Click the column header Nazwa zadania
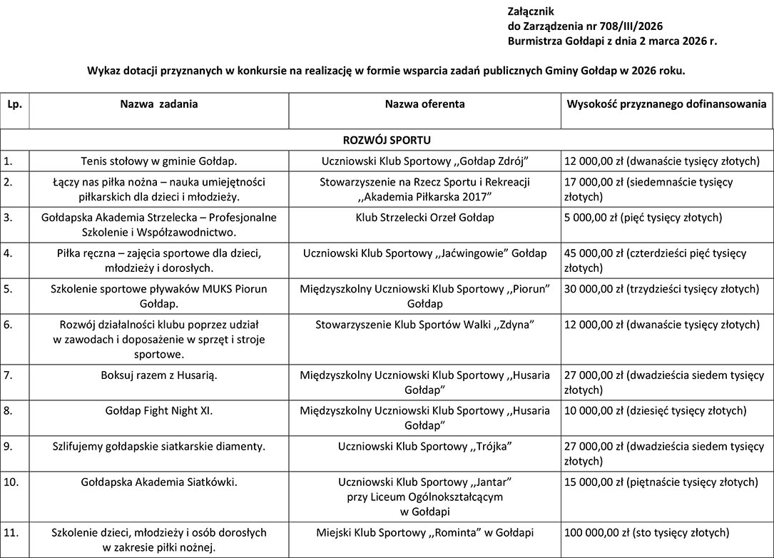(158, 104)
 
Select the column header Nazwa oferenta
(424, 104)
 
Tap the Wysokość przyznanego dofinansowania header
(666, 104)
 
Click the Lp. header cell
(14, 104)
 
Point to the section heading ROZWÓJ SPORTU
(387, 140)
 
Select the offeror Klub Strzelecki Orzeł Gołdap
(424, 218)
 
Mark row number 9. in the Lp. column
(8, 447)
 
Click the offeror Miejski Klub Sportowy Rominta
(424, 532)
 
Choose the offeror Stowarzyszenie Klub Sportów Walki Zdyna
(424, 325)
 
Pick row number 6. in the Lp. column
(8, 325)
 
